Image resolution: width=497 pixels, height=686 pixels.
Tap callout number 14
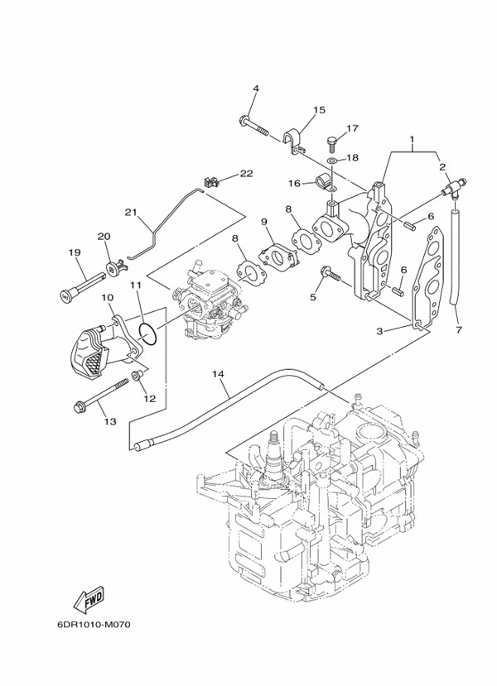click(x=218, y=374)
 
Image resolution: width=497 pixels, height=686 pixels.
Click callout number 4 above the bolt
click(x=256, y=89)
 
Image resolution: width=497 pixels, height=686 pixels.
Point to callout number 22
click(x=246, y=173)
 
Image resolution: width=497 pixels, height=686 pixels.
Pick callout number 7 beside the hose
click(x=458, y=330)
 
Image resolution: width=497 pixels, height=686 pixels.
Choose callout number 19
click(x=73, y=252)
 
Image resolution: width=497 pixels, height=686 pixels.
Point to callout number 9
click(x=264, y=222)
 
